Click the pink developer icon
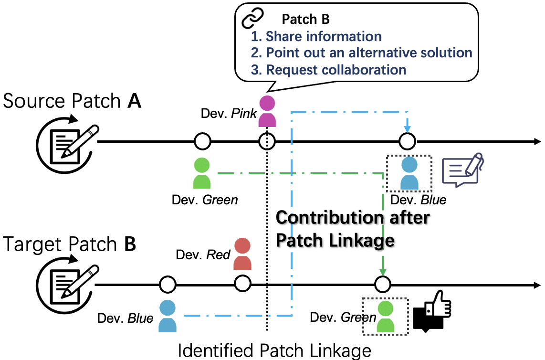coord(267,111)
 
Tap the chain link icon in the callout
coord(253,19)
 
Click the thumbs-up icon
coord(431,313)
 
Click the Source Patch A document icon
coord(67,143)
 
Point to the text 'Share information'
coord(323,36)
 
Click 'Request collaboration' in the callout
coord(335,70)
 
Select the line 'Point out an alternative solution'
coord(368,53)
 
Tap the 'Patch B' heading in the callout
coord(305,19)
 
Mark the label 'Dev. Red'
coord(203,254)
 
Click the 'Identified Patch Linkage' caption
coord(274,351)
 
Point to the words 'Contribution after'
coord(353,218)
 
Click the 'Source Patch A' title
coord(72,101)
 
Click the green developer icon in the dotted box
coord(386,315)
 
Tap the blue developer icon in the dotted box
coord(409,173)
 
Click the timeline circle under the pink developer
coord(267,141)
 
